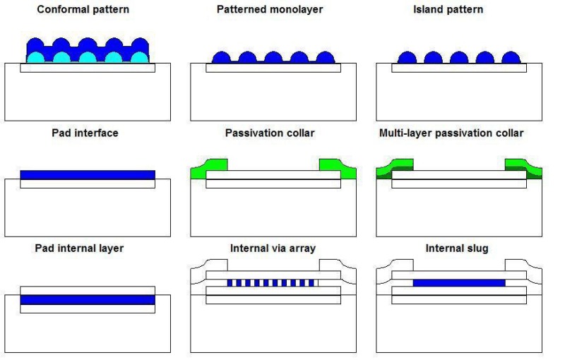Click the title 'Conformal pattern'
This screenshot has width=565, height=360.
tap(83, 10)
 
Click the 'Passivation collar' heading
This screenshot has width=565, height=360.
tap(270, 133)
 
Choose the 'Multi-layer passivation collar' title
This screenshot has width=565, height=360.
tap(451, 133)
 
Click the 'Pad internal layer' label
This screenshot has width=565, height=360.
tap(79, 248)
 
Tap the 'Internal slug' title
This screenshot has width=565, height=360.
tap(456, 248)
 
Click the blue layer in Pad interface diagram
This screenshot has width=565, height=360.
tap(88, 175)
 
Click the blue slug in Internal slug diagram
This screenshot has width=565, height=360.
tap(459, 282)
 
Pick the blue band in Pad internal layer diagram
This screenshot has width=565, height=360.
tap(88, 299)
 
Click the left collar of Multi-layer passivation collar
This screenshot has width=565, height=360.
tap(395, 167)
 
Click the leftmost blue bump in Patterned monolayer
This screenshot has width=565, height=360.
tap(221, 59)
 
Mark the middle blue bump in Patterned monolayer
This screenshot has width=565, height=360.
tap(273, 59)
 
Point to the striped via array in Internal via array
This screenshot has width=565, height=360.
tap(271, 283)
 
